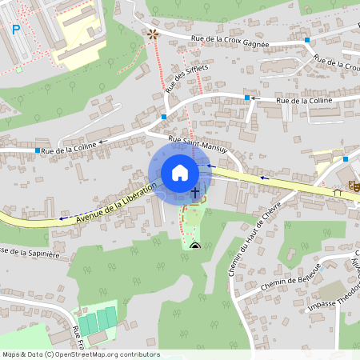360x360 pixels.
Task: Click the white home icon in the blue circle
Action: pyautogui.click(x=180, y=172)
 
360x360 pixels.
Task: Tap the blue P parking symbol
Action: pyautogui.click(x=15, y=30)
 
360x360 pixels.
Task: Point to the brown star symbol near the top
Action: pyautogui.click(x=153, y=34)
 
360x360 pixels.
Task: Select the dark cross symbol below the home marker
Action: pyautogui.click(x=194, y=192)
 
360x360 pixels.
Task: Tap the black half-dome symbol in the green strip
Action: pyautogui.click(x=195, y=245)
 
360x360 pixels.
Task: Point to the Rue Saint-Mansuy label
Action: pyautogui.click(x=198, y=145)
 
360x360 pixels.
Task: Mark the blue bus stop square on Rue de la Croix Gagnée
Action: pyautogui.click(x=307, y=38)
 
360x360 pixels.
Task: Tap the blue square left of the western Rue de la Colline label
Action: pyautogui.click(x=37, y=150)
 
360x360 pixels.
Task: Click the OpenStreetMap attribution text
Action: pyautogui.click(x=81, y=354)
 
